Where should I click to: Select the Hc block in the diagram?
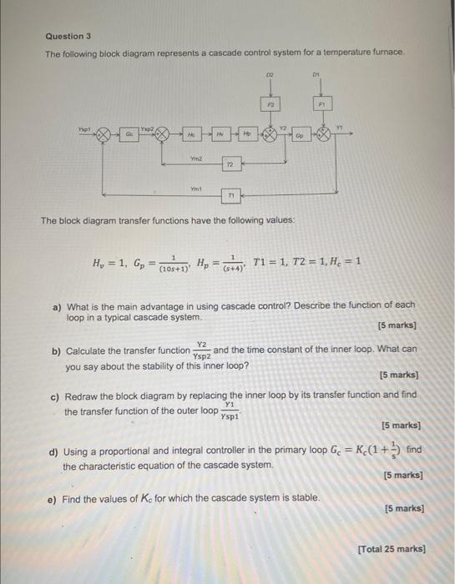pos(191,133)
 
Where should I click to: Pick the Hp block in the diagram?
pos(249,133)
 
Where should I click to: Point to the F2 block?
pos(270,104)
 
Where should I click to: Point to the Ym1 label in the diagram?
pos(196,188)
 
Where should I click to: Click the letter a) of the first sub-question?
pos(58,306)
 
